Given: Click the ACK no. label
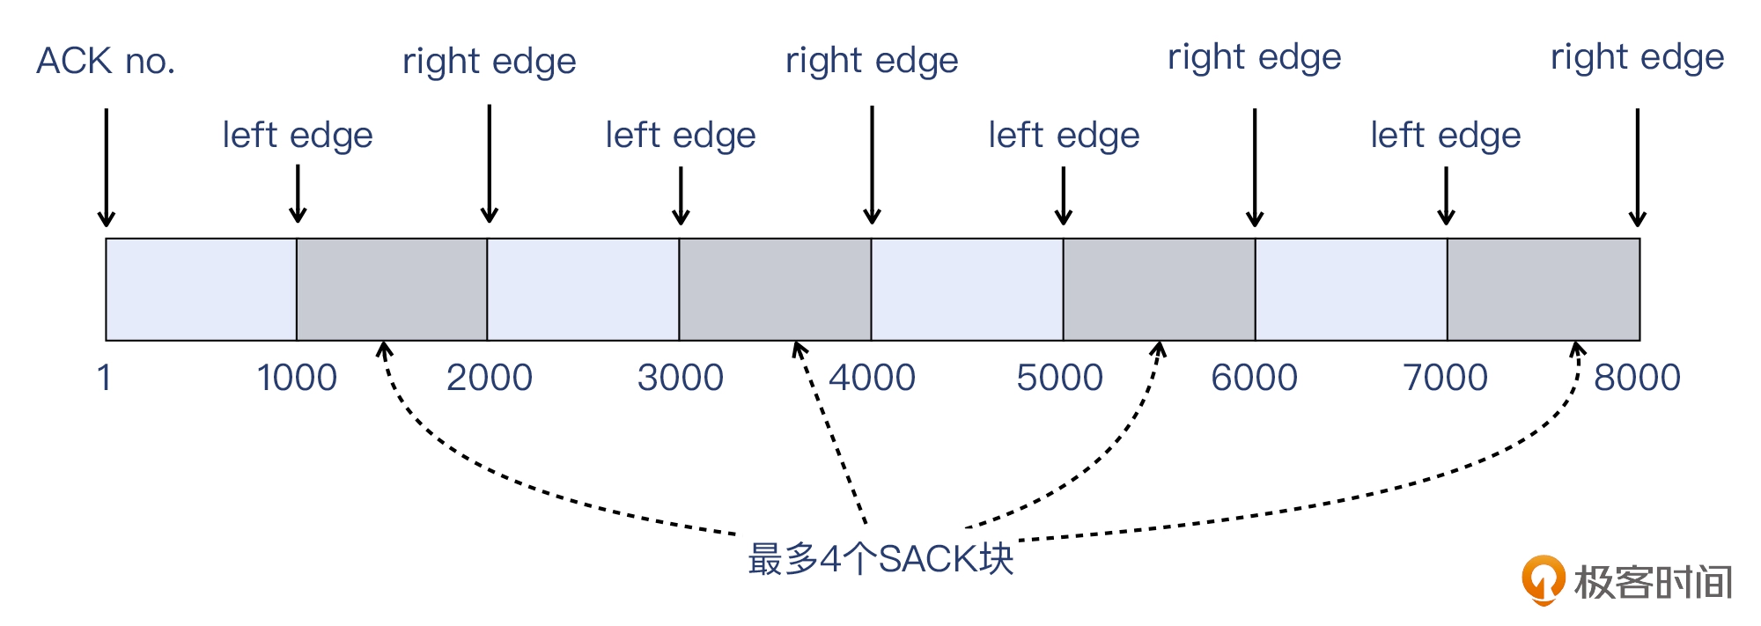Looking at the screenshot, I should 106,62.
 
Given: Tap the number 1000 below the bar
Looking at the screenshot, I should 297,378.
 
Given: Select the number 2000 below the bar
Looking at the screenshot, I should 490,378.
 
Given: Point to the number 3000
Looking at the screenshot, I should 681,378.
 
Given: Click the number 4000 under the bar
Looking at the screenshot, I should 873,378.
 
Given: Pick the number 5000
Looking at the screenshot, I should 1060,378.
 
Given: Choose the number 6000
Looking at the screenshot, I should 1255,378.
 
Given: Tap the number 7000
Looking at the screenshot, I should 1446,378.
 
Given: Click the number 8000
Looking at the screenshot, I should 1638,378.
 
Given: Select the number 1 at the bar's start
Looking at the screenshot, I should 104,378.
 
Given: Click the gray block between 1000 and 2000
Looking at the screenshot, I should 392,289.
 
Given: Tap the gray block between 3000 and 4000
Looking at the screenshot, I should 775,289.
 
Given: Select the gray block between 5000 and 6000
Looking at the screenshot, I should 1159,289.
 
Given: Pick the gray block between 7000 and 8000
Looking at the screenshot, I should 1544,289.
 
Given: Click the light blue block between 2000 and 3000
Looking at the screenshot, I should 583,289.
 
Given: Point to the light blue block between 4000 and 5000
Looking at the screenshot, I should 967,289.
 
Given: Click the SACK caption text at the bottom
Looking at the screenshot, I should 880,559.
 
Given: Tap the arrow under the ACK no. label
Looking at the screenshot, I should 107,167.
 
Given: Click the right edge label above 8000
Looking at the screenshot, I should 1637,57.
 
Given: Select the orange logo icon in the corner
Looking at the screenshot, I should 1543,579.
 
